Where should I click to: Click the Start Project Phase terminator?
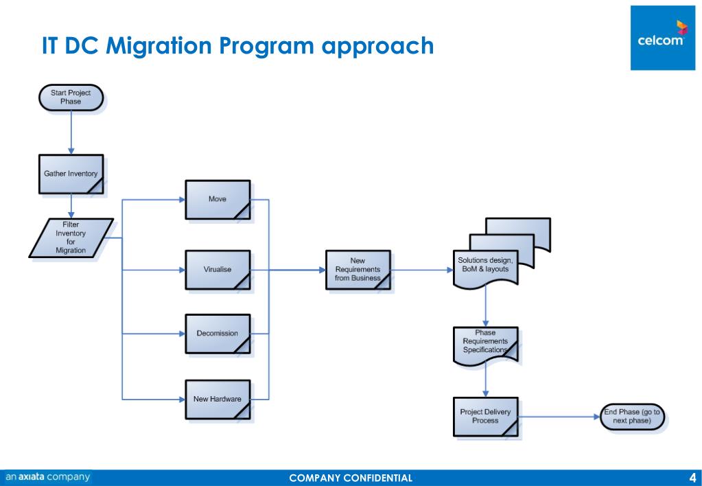(71, 97)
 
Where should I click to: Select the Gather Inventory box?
(71, 174)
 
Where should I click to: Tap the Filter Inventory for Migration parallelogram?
(71, 238)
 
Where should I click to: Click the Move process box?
(218, 199)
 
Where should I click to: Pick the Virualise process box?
(218, 269)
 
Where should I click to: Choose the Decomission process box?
(218, 334)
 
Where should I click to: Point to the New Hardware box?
(218, 399)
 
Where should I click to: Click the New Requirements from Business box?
(358, 270)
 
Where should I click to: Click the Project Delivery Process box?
(485, 416)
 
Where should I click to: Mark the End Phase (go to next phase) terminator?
(632, 416)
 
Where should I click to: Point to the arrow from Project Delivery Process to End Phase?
(559, 416)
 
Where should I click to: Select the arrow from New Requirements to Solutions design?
(422, 270)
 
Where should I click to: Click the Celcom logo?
(662, 36)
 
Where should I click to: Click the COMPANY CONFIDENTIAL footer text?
(351, 478)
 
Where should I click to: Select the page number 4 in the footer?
(692, 478)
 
